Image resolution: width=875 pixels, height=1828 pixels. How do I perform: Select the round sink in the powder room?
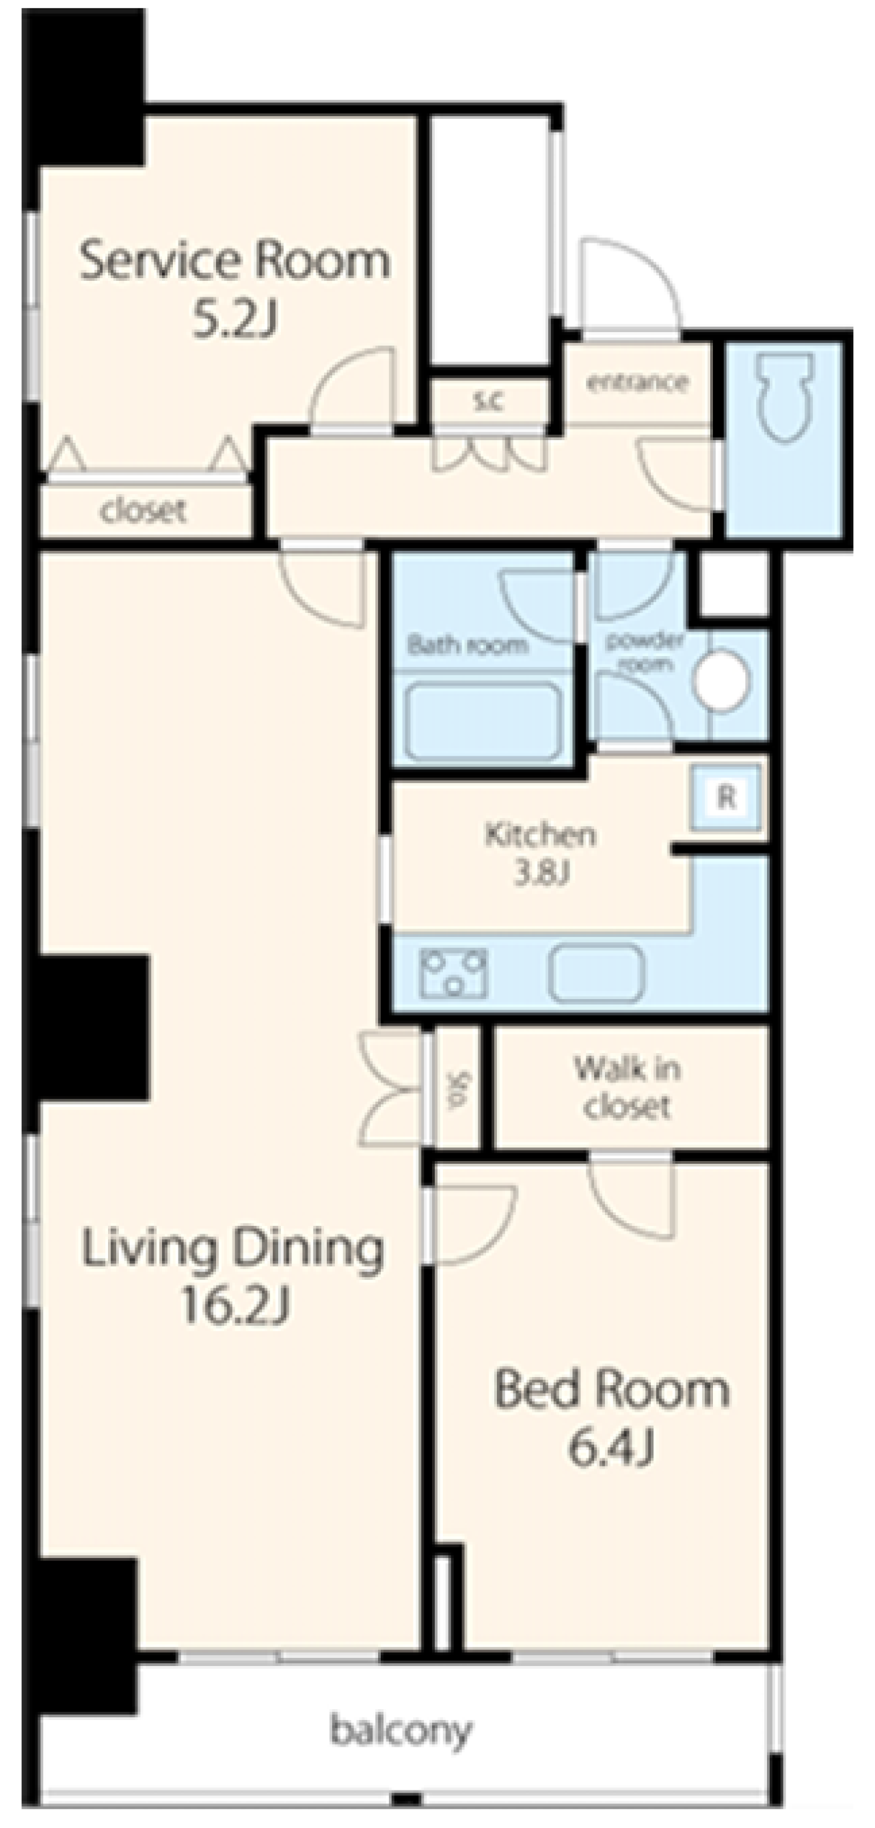pos(721,680)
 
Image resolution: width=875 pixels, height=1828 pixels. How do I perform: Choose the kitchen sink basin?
pos(597,972)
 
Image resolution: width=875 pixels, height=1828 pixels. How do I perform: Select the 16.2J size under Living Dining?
pos(235,1306)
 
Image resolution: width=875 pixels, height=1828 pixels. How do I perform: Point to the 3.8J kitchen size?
pos(541,873)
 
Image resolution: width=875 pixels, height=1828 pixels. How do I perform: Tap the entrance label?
pos(636,382)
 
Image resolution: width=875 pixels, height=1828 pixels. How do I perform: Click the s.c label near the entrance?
pos(488,400)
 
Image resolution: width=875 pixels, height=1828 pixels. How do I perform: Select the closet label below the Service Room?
pos(144,510)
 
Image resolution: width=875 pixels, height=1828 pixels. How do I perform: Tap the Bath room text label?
pos(468,645)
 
